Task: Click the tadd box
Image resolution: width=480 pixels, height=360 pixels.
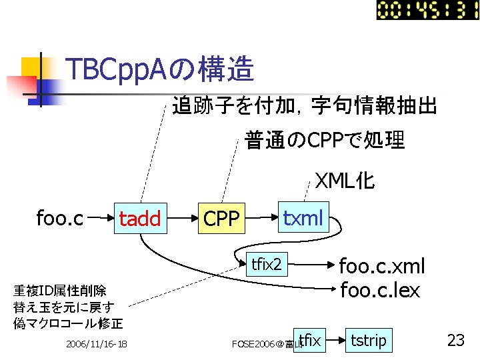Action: [140, 219]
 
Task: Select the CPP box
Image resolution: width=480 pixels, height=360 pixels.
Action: [221, 219]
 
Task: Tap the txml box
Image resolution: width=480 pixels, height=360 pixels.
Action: [303, 218]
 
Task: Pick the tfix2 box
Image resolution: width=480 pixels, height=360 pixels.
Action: [265, 265]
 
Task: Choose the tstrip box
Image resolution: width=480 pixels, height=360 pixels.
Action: [368, 341]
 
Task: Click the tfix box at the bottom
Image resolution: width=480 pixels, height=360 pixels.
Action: [310, 341]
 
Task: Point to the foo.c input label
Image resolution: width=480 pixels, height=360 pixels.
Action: [59, 218]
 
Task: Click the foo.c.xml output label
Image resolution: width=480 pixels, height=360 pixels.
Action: [382, 267]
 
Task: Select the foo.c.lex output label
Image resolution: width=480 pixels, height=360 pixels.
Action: [380, 290]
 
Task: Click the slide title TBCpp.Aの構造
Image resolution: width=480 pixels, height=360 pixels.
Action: [160, 69]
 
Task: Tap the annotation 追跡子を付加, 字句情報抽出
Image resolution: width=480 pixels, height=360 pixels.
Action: [305, 105]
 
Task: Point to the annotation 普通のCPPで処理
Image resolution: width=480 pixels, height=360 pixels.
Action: [325, 141]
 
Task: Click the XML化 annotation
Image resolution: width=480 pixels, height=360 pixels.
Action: [345, 181]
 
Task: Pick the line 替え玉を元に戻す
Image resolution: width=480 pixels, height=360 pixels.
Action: [64, 307]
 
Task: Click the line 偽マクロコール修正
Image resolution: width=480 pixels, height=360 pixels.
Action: [68, 324]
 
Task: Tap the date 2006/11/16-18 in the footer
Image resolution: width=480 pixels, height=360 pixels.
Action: [97, 344]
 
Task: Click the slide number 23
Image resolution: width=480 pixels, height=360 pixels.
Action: [455, 341]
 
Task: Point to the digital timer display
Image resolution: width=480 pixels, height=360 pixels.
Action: [427, 10]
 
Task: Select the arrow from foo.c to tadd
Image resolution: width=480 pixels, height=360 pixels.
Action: [99, 218]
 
